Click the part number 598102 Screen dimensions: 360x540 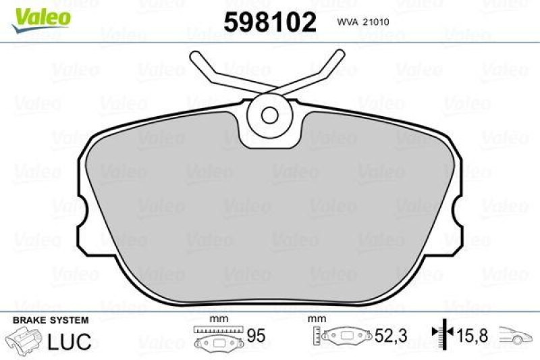269,22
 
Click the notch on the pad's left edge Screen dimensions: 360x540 82,215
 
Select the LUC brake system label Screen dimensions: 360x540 70,341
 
